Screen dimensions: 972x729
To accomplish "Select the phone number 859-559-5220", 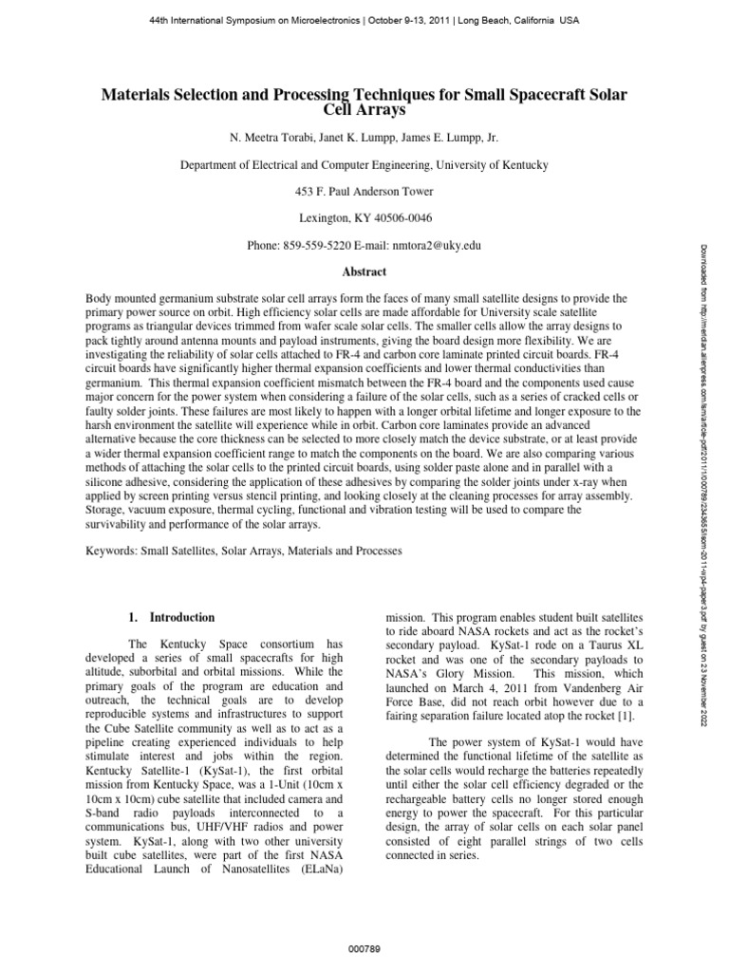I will [x=318, y=246].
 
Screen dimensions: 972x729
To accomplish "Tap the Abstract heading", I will [x=364, y=271].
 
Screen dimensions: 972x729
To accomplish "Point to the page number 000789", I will [x=364, y=947].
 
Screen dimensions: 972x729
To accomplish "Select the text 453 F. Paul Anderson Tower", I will [x=364, y=191].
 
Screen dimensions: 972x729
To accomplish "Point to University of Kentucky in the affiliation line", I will [x=492, y=164].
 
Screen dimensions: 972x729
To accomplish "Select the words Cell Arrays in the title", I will [x=364, y=112].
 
